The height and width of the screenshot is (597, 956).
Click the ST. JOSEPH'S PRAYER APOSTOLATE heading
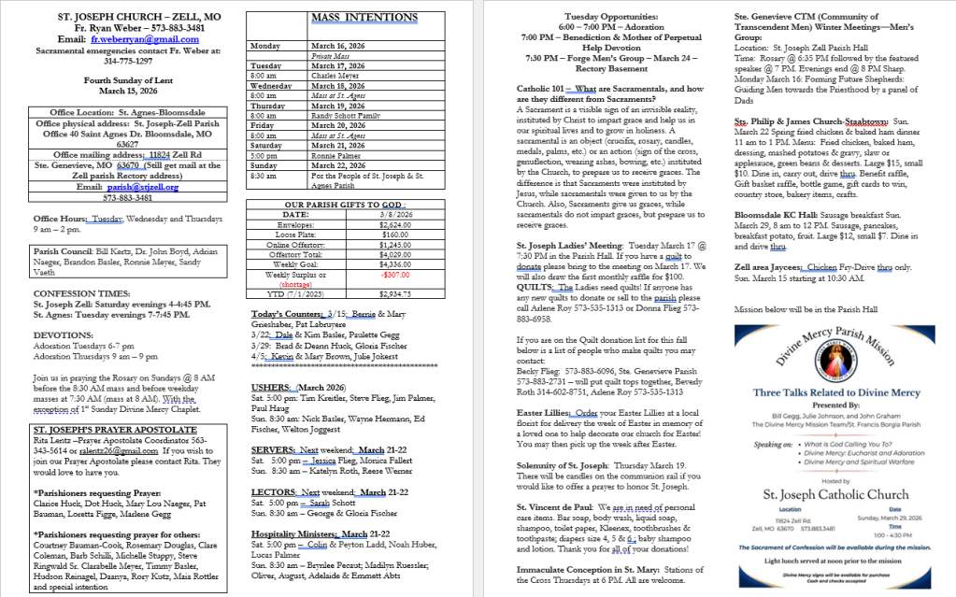pyautogui.click(x=109, y=431)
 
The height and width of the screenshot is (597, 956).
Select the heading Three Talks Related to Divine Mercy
pyautogui.click(x=822, y=392)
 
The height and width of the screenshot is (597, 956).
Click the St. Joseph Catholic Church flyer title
pyautogui.click(x=822, y=494)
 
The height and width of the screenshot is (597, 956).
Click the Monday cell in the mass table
pyautogui.click(x=265, y=46)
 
